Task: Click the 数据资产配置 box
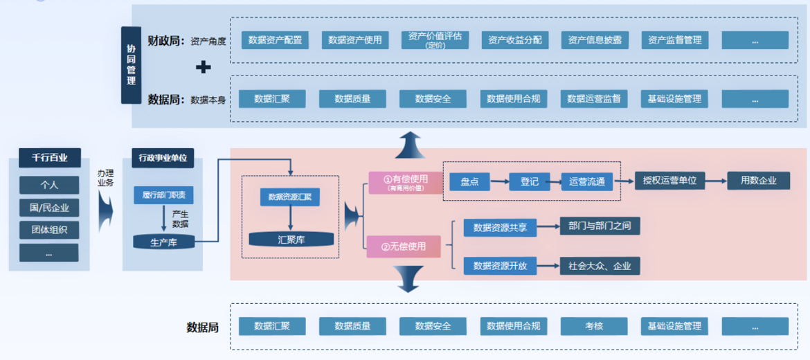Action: pyautogui.click(x=275, y=40)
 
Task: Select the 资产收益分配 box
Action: pyautogui.click(x=514, y=40)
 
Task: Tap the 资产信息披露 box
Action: pyautogui.click(x=595, y=40)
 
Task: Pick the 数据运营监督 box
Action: pyautogui.click(x=593, y=99)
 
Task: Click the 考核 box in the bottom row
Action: pyautogui.click(x=593, y=326)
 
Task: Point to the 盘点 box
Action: pyautogui.click(x=469, y=181)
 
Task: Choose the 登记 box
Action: pyautogui.click(x=529, y=181)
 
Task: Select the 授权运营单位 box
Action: pyautogui.click(x=669, y=181)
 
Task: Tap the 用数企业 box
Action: pyautogui.click(x=759, y=181)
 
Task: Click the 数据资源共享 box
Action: pyautogui.click(x=500, y=227)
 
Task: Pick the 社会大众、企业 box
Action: pyautogui.click(x=600, y=266)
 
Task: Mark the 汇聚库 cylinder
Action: pyautogui.click(x=291, y=240)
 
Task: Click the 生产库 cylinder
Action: pyautogui.click(x=163, y=242)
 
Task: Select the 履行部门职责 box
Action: pyautogui.click(x=163, y=195)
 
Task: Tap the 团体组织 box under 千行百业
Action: pyautogui.click(x=49, y=230)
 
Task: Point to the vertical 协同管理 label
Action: pyautogui.click(x=131, y=65)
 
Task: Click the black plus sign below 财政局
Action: pyautogui.click(x=203, y=67)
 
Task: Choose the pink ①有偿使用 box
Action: pyautogui.click(x=406, y=182)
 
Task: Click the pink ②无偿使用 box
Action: pyautogui.click(x=405, y=246)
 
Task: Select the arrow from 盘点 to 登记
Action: pyautogui.click(x=499, y=182)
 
